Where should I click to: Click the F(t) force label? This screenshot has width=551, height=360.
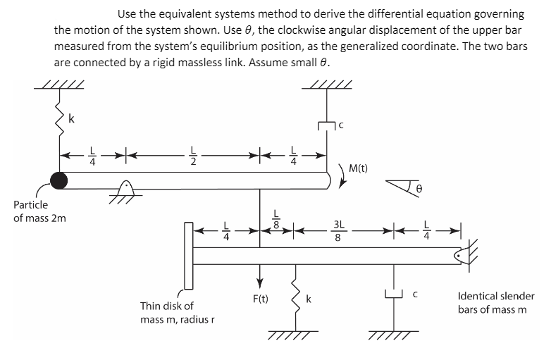[x=260, y=299]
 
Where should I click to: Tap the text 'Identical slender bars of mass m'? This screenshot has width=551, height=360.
[x=495, y=303]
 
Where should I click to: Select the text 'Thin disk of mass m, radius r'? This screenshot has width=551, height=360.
[x=176, y=313]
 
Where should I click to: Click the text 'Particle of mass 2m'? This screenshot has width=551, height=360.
[x=31, y=211]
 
